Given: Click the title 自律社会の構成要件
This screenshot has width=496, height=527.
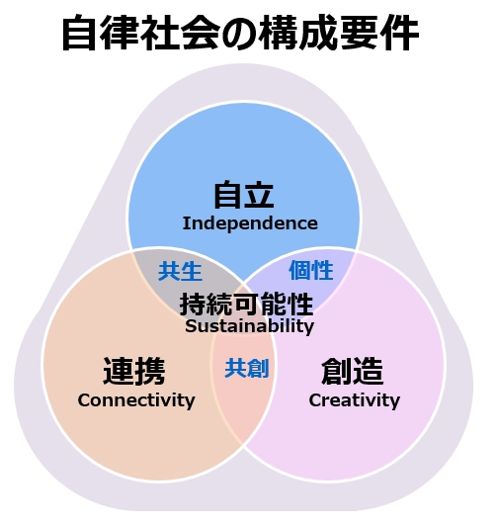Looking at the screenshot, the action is (x=240, y=34).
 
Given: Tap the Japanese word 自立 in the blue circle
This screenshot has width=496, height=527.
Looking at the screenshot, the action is (x=244, y=195).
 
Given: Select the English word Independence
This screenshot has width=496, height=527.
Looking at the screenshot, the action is (x=250, y=223).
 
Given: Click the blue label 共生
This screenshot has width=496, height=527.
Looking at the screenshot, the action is (x=180, y=271).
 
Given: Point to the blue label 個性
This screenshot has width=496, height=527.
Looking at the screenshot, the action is (x=311, y=270).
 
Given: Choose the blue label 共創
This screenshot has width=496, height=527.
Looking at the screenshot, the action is (x=247, y=369).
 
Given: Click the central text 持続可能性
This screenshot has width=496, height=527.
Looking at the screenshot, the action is (x=246, y=305).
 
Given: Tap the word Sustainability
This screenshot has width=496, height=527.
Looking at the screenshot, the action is (x=250, y=326).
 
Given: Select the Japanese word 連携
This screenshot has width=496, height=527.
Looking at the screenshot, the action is (x=134, y=371).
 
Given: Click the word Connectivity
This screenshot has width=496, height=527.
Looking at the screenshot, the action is (x=136, y=400).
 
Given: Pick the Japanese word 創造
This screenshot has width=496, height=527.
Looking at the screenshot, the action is (x=353, y=371).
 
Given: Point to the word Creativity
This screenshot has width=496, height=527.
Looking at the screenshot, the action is (x=355, y=400).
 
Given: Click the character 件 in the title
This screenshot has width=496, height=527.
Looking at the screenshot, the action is (x=400, y=34).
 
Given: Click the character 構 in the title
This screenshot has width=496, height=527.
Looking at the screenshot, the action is (x=280, y=34).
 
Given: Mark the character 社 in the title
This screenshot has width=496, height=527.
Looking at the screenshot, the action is (x=160, y=34).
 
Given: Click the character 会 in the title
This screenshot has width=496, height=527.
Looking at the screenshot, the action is (x=201, y=34).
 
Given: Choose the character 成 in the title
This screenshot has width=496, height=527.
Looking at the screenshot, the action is (x=320, y=34).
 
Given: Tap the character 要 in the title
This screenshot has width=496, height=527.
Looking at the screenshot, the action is (x=360, y=34).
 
